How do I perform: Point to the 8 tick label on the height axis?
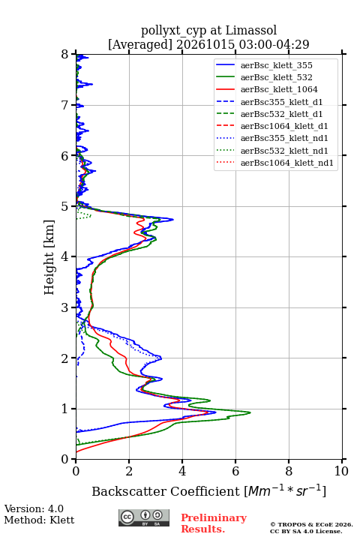pyautogui.click(x=65, y=54)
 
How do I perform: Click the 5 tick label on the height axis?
pyautogui.click(x=65, y=206)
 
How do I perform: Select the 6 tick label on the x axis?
pyautogui.click(x=235, y=471)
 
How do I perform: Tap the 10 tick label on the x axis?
pyautogui.click(x=341, y=471)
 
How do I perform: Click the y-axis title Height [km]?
pyautogui.click(x=49, y=257)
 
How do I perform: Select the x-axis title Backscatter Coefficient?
pyautogui.click(x=166, y=491)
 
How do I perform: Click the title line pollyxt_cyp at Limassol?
pyautogui.click(x=208, y=30)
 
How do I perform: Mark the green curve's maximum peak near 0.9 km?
pyautogui.click(x=250, y=412)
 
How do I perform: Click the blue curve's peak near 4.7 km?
pyautogui.click(x=173, y=219)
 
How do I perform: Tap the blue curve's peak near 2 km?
pyautogui.click(x=161, y=358)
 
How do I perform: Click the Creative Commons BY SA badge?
pyautogui.click(x=144, y=517)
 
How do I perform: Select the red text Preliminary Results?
pyautogui.click(x=214, y=523)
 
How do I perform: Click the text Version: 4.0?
pyautogui.click(x=34, y=508)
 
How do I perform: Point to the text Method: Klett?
pyautogui.click(x=39, y=520)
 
